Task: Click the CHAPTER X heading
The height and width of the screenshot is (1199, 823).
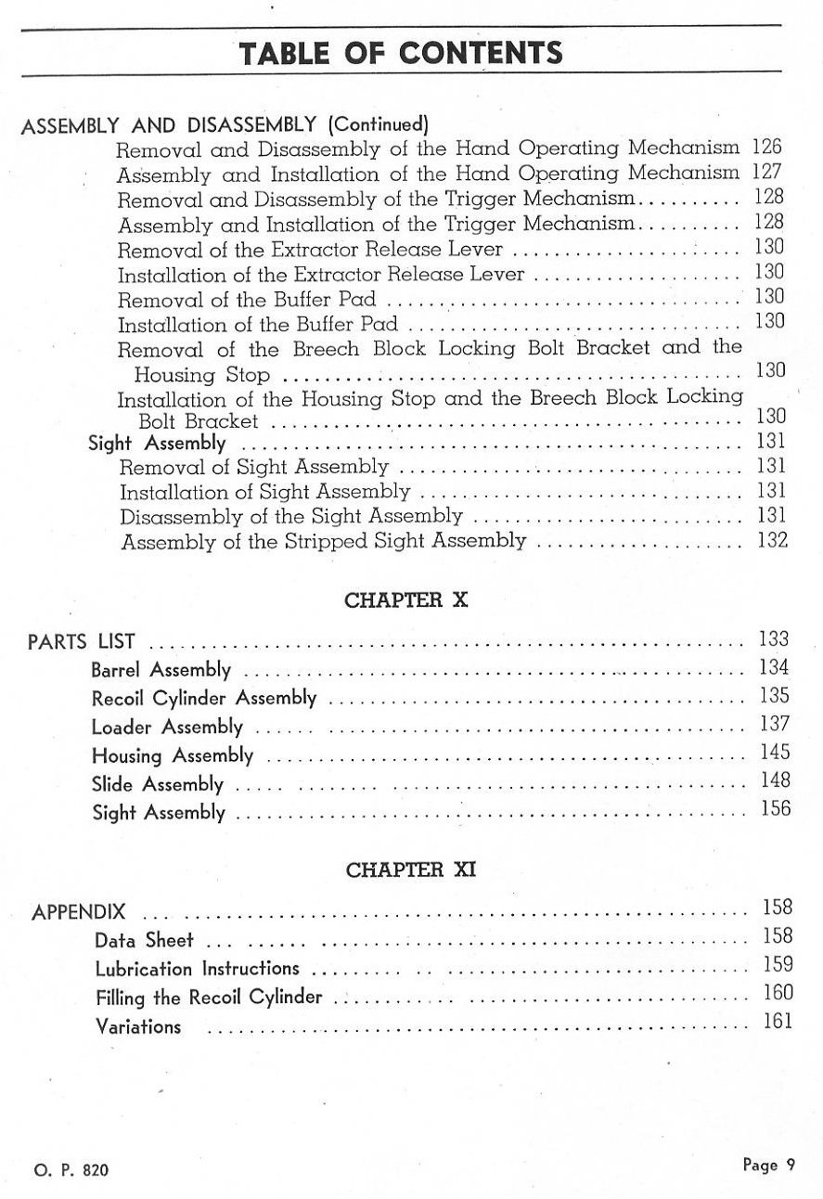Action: tap(406, 600)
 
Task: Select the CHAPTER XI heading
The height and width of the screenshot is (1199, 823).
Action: tap(410, 870)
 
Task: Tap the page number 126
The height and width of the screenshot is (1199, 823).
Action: tap(767, 147)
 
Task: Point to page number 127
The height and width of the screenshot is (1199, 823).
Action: tap(767, 172)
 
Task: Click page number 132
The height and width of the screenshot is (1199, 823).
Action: tap(772, 540)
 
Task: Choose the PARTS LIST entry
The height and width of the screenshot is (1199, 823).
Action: tap(82, 641)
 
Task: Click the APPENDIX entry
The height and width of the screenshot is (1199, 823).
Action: tap(79, 912)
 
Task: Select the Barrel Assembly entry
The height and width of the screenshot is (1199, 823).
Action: tap(161, 670)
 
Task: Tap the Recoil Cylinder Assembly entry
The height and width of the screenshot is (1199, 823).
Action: tap(204, 699)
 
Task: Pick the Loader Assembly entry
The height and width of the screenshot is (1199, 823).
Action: tap(167, 728)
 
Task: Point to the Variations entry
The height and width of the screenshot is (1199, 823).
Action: tap(138, 1027)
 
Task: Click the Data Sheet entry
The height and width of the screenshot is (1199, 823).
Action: tap(145, 941)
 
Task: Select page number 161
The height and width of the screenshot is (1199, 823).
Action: tap(778, 1022)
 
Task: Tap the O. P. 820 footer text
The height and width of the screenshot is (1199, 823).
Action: tap(71, 1171)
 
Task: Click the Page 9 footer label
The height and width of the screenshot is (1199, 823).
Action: tap(768, 1166)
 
